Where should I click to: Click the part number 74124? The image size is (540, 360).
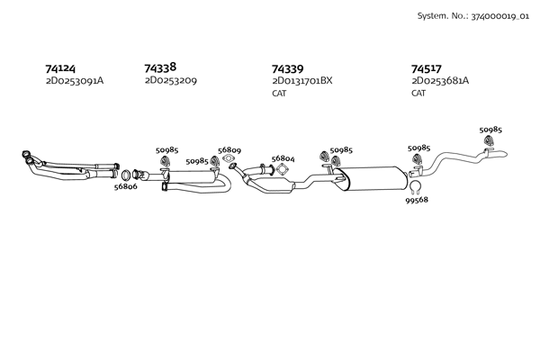(x=61, y=67)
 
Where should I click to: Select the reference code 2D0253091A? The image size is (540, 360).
(x=75, y=81)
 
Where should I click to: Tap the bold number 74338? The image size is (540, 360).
(x=160, y=67)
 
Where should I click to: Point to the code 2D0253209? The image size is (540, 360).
(x=171, y=81)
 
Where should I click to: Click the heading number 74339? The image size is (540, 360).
(x=288, y=67)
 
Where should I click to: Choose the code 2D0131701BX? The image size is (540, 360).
(x=302, y=81)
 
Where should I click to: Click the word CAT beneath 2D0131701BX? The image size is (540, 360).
(x=280, y=94)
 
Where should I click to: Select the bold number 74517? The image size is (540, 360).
(x=427, y=67)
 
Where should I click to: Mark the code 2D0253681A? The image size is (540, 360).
(x=440, y=81)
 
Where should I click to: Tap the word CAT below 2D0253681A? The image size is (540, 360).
(x=419, y=94)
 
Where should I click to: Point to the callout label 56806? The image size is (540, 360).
(x=125, y=186)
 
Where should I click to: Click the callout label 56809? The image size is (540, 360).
(x=229, y=150)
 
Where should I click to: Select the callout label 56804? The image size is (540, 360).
(x=283, y=157)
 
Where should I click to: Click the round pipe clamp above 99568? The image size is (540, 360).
(x=416, y=186)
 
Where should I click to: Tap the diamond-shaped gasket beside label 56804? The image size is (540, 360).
(x=282, y=171)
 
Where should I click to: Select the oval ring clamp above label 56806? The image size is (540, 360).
(x=127, y=174)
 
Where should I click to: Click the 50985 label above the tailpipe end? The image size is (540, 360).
(x=490, y=130)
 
